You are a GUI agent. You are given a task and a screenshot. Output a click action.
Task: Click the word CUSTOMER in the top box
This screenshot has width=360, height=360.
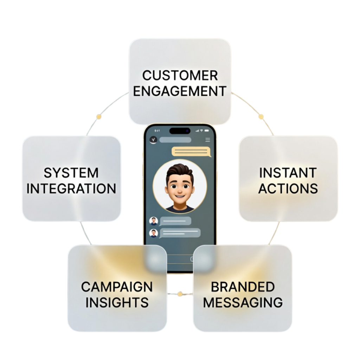tap(180, 75)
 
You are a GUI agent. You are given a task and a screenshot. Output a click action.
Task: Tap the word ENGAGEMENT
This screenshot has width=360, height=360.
tap(180, 91)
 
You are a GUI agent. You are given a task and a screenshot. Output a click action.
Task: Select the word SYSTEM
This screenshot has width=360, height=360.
tap(71, 173)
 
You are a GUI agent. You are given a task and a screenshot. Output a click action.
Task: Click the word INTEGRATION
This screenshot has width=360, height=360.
tap(71, 189)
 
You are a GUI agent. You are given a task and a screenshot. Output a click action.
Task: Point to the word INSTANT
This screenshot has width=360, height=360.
tap(288, 173)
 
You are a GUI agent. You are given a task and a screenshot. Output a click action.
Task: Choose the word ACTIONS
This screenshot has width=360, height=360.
tap(288, 189)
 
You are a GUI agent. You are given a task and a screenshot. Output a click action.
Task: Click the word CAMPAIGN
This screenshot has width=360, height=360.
tap(117, 287)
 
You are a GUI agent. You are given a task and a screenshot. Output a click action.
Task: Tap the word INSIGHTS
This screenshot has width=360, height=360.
tap(117, 302)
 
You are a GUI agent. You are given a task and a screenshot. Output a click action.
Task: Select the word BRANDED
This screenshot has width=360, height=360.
tap(243, 287)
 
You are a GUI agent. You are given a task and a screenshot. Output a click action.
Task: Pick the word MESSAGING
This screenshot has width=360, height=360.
tap(243, 302)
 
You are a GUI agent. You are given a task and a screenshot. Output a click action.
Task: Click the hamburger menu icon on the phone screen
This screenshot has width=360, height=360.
tap(208, 140)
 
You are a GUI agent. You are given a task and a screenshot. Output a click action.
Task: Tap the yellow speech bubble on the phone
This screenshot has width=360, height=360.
tap(191, 152)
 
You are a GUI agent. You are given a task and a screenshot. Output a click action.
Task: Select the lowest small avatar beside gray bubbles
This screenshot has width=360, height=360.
tap(153, 233)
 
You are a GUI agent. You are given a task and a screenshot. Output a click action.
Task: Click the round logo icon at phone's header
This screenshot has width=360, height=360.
tap(153, 140)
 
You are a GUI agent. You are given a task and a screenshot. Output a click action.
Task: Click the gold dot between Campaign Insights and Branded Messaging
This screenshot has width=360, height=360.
tap(180, 293)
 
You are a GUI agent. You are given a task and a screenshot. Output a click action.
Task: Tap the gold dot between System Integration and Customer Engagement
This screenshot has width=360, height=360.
tap(99, 116)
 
